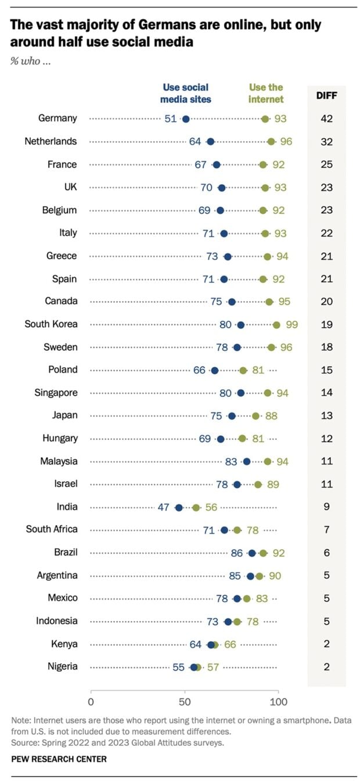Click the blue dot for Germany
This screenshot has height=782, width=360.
point(186,119)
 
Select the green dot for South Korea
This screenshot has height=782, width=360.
point(276,324)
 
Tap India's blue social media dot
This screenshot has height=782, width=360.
point(179,507)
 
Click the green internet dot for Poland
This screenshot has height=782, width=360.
point(243,370)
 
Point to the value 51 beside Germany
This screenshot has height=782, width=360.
point(170,119)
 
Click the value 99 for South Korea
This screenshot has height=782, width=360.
point(291,324)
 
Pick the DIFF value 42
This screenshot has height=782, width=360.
point(327,119)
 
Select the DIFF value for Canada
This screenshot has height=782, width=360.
point(327,302)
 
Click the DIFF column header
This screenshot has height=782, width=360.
point(327,95)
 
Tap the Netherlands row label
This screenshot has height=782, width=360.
point(51,141)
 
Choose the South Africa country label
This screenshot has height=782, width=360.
point(52,529)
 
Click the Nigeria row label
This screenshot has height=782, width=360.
point(62,666)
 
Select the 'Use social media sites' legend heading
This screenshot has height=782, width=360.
point(186,93)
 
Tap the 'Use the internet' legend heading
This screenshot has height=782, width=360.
point(266,93)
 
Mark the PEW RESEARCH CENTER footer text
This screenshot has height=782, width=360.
point(59,759)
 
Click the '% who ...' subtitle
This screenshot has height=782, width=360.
point(31,61)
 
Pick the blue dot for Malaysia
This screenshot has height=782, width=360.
point(247,461)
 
